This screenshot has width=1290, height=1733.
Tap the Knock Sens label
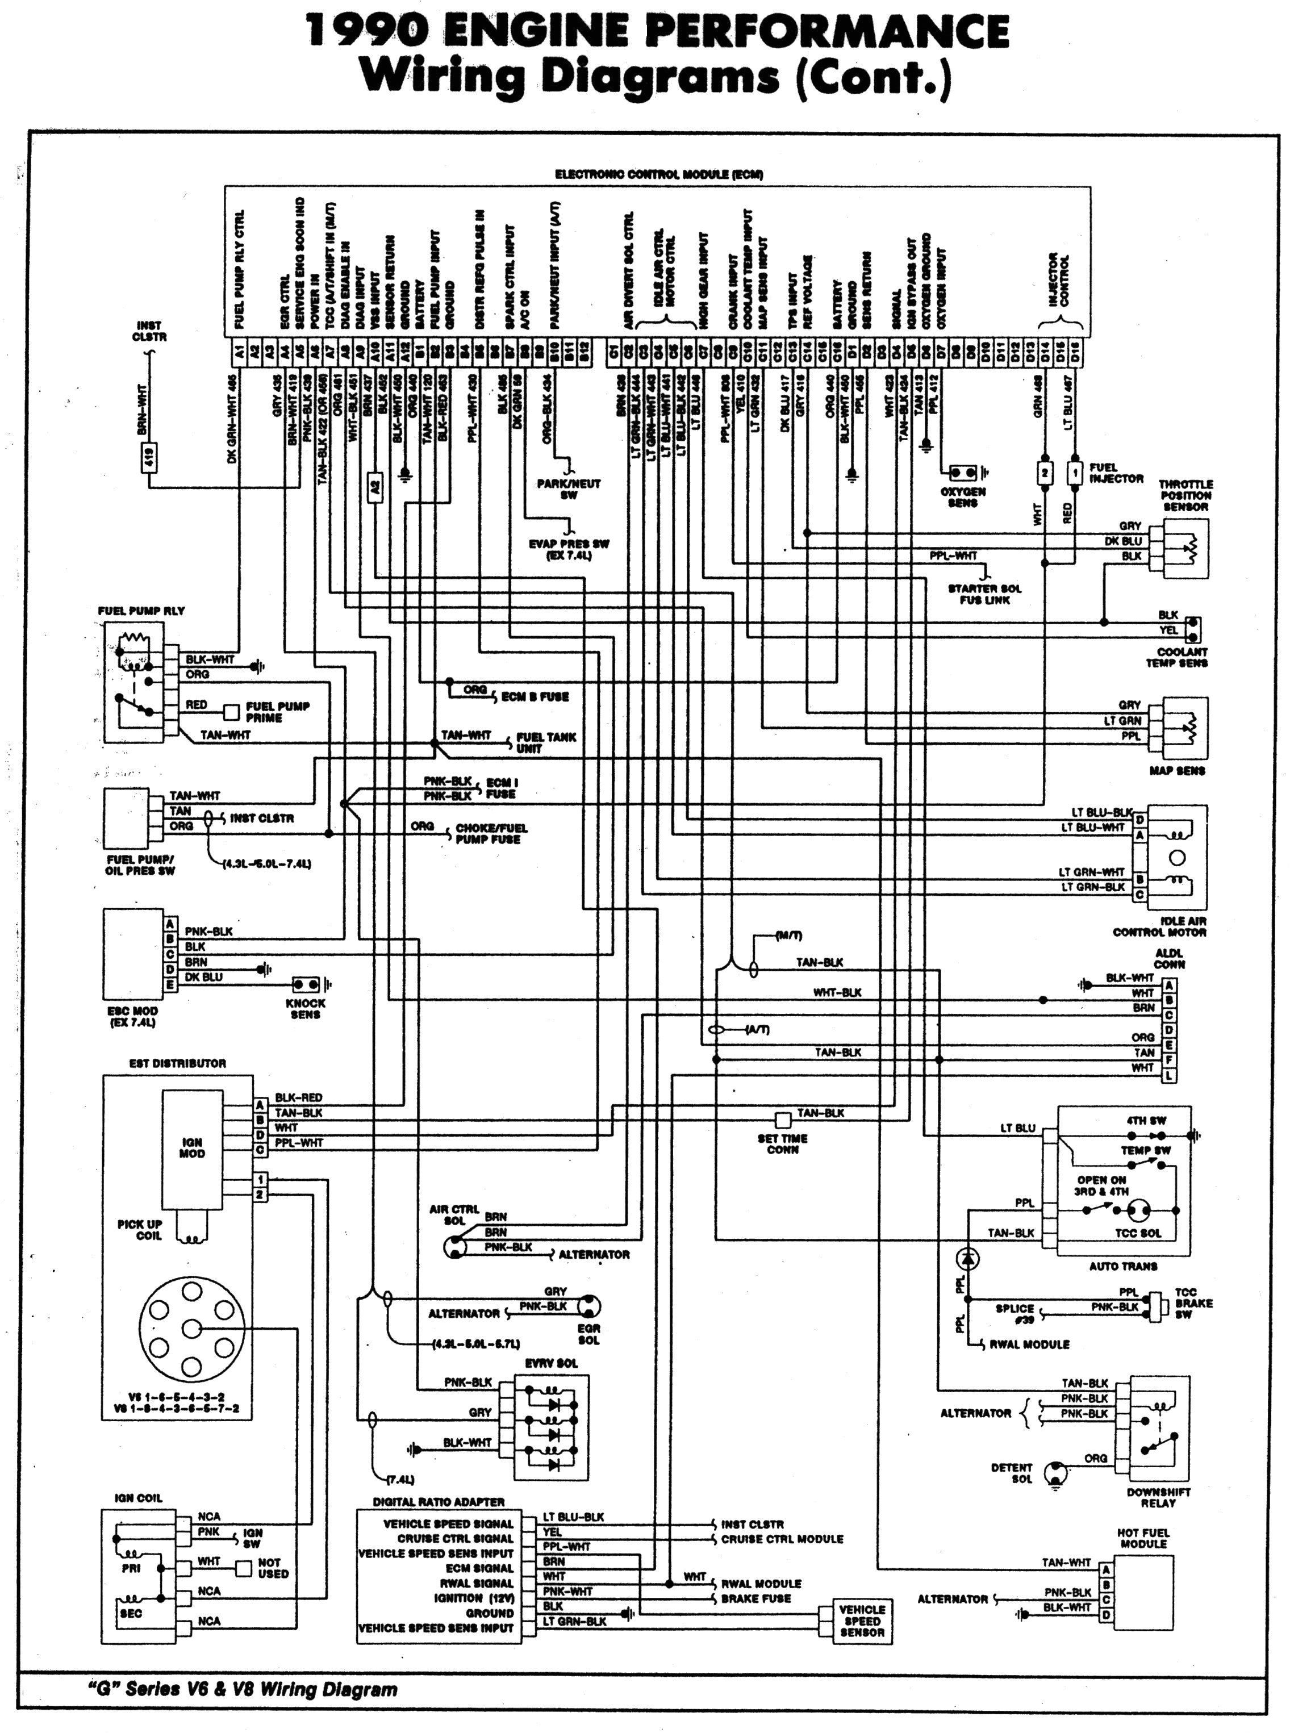point(306,1009)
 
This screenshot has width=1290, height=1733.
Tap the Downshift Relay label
point(1158,1497)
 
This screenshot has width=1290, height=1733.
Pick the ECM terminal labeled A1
point(239,352)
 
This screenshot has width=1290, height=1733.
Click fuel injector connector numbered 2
point(1045,471)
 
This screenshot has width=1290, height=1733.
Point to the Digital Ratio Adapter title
point(438,1501)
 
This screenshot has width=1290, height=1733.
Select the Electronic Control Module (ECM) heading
point(658,174)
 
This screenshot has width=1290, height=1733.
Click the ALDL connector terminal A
point(1169,985)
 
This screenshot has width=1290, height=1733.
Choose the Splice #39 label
point(1015,1313)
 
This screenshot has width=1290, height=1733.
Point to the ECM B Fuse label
point(535,696)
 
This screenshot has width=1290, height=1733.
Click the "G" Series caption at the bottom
point(242,1689)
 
